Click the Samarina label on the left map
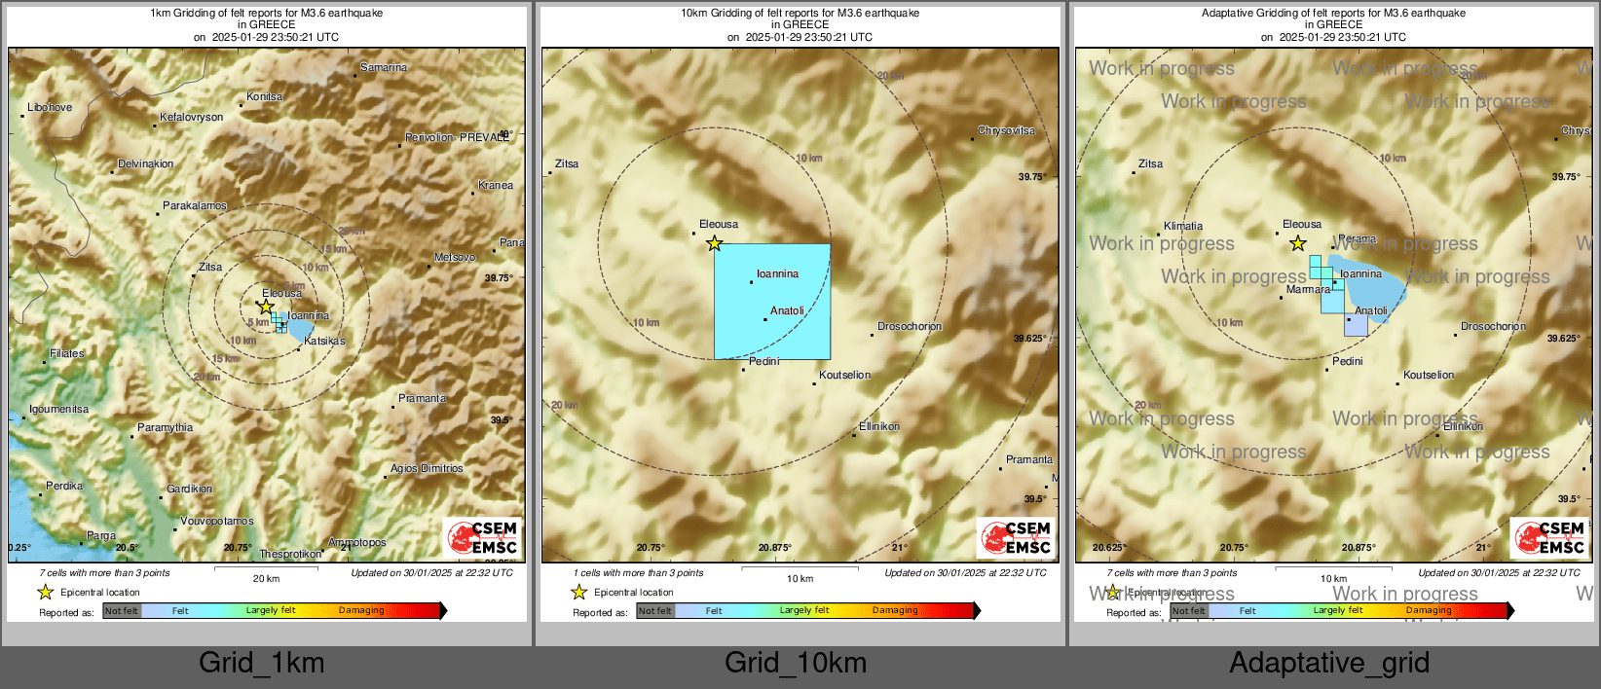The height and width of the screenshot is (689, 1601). pos(384,67)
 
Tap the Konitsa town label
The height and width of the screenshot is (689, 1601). pos(264,96)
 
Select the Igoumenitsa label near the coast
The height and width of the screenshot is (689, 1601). pos(58,409)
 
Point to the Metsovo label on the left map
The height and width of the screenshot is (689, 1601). pos(455,257)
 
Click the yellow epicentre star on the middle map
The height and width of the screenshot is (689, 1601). pos(714,243)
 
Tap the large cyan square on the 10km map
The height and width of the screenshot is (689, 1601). pos(772,302)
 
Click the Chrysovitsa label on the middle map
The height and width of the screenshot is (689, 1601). pos(1006,130)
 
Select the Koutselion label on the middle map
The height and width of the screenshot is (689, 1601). pos(844,375)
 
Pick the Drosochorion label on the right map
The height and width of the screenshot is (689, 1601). pos(1493,326)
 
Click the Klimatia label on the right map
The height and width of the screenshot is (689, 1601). pos(1183,226)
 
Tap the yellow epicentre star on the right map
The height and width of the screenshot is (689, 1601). pos(1297,243)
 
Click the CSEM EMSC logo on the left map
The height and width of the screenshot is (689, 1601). pos(482,537)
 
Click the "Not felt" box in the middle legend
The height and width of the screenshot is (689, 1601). pos(655,611)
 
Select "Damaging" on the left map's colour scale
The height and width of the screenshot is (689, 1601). pos(361,610)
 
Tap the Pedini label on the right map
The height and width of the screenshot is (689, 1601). pos(1347,361)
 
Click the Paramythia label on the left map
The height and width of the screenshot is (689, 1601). pos(165,427)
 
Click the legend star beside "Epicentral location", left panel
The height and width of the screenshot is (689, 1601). pos(45,592)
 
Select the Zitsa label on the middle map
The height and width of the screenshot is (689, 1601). pos(566,163)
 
